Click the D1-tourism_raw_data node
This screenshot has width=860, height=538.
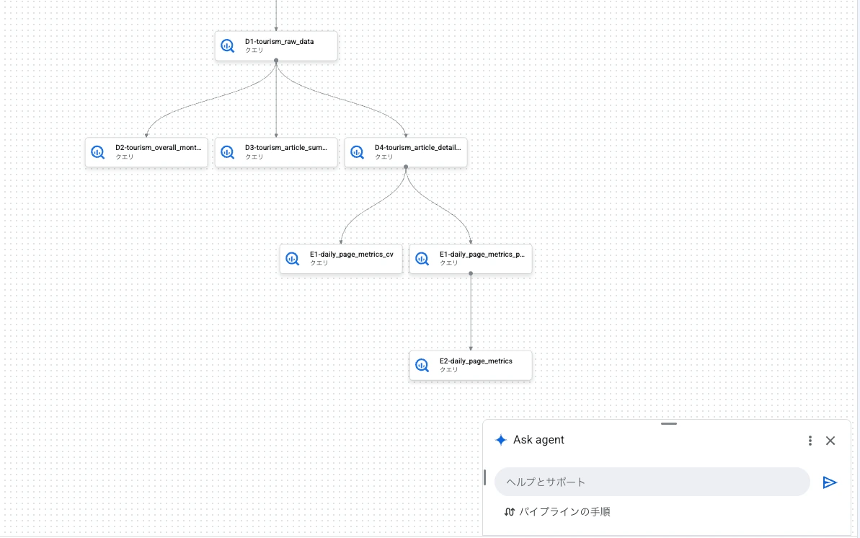click(x=276, y=45)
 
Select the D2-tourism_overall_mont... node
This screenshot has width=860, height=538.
click(x=146, y=152)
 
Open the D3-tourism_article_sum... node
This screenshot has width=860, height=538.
click(x=276, y=152)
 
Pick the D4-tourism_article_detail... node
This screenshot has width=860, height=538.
click(x=406, y=152)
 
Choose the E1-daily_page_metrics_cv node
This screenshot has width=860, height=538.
click(x=340, y=259)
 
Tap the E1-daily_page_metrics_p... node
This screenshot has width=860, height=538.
click(x=471, y=259)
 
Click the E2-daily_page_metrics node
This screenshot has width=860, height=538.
click(x=471, y=365)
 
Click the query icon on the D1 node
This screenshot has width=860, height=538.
click(x=228, y=46)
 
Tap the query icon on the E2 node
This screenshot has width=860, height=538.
click(x=422, y=366)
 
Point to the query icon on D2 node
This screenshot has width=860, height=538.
click(x=97, y=153)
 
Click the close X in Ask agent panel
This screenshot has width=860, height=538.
click(x=830, y=441)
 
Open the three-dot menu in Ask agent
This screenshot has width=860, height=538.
click(x=810, y=441)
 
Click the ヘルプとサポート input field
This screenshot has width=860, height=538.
click(x=652, y=482)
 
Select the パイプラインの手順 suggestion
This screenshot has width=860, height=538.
click(x=557, y=511)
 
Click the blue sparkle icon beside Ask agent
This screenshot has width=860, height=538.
click(x=501, y=440)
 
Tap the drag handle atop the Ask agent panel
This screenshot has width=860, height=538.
click(x=668, y=424)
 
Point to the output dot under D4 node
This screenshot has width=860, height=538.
click(x=406, y=167)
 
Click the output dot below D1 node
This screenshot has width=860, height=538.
click(x=276, y=61)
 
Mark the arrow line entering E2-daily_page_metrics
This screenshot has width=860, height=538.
click(x=471, y=312)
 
